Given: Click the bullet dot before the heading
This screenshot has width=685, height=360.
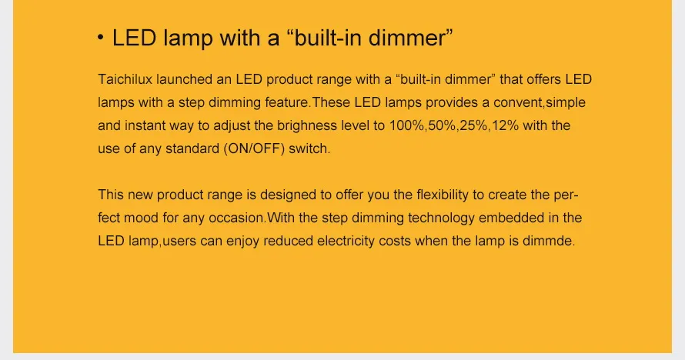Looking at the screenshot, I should coord(102,39).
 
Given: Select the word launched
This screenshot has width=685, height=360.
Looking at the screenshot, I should coord(182,79).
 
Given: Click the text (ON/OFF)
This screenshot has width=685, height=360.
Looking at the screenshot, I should coord(254,148).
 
